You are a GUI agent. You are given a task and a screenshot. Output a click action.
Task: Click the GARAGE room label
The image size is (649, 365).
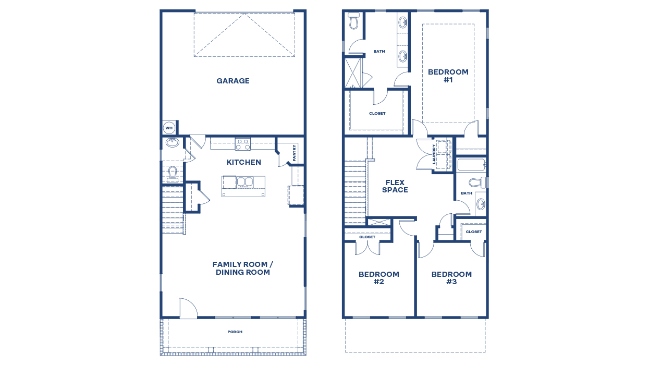pos(233,81)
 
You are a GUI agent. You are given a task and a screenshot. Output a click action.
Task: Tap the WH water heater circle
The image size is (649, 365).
pos(169,128)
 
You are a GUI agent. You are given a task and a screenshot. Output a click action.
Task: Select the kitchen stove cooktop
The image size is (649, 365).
pos(243,144)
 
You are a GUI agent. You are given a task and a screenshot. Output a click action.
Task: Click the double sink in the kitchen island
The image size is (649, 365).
pos(245,182)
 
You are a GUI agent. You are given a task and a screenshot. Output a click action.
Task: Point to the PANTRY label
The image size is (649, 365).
pos(295,153)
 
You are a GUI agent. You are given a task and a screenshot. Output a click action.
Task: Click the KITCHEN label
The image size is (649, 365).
pos(243,162)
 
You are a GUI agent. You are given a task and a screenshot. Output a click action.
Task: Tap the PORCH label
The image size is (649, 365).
pos(235,332)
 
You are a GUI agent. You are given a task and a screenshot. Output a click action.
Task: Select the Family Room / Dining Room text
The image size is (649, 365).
pos(243,269)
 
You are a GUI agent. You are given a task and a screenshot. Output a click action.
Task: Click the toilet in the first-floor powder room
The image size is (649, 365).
pos(173,174)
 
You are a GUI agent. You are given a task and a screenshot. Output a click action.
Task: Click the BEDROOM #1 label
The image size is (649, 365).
pos(448,76)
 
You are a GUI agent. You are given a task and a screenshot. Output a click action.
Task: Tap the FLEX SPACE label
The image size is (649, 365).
pos(395,187)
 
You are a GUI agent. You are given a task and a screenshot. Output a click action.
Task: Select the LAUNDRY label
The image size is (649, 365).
pos(434,154)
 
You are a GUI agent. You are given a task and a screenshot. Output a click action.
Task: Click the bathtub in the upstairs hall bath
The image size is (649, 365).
pos(471,165)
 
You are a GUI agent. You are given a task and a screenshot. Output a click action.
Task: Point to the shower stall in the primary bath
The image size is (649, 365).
pos(353,72)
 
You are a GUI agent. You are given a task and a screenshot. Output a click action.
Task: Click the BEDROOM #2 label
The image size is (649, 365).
pos(379,278)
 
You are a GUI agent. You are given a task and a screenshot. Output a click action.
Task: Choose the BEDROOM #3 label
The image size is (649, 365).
pos(451,278)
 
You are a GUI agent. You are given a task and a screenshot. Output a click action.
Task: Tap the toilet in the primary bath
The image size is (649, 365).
pos(353,21)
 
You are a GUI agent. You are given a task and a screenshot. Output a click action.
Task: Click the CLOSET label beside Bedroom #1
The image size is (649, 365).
pos(377,113)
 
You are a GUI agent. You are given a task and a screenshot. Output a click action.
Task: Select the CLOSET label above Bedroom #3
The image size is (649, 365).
pos(474,232)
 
